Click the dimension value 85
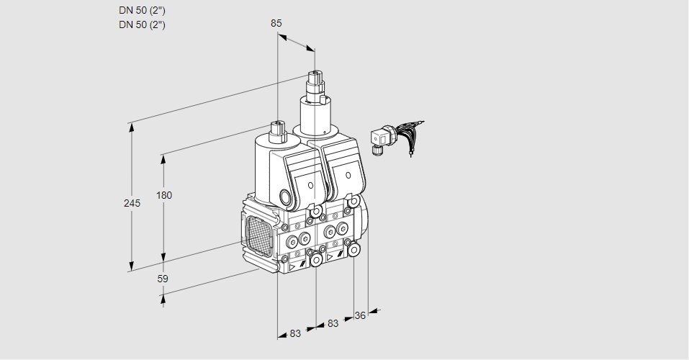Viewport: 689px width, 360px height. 276,23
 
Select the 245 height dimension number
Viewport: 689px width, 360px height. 132,203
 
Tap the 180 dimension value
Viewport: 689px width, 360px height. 165,195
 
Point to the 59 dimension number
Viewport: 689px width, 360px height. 163,278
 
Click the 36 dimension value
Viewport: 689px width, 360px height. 361,315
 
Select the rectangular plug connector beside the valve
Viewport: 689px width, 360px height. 379,138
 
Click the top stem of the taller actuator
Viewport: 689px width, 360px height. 314,76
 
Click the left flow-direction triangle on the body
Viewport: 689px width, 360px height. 292,266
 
